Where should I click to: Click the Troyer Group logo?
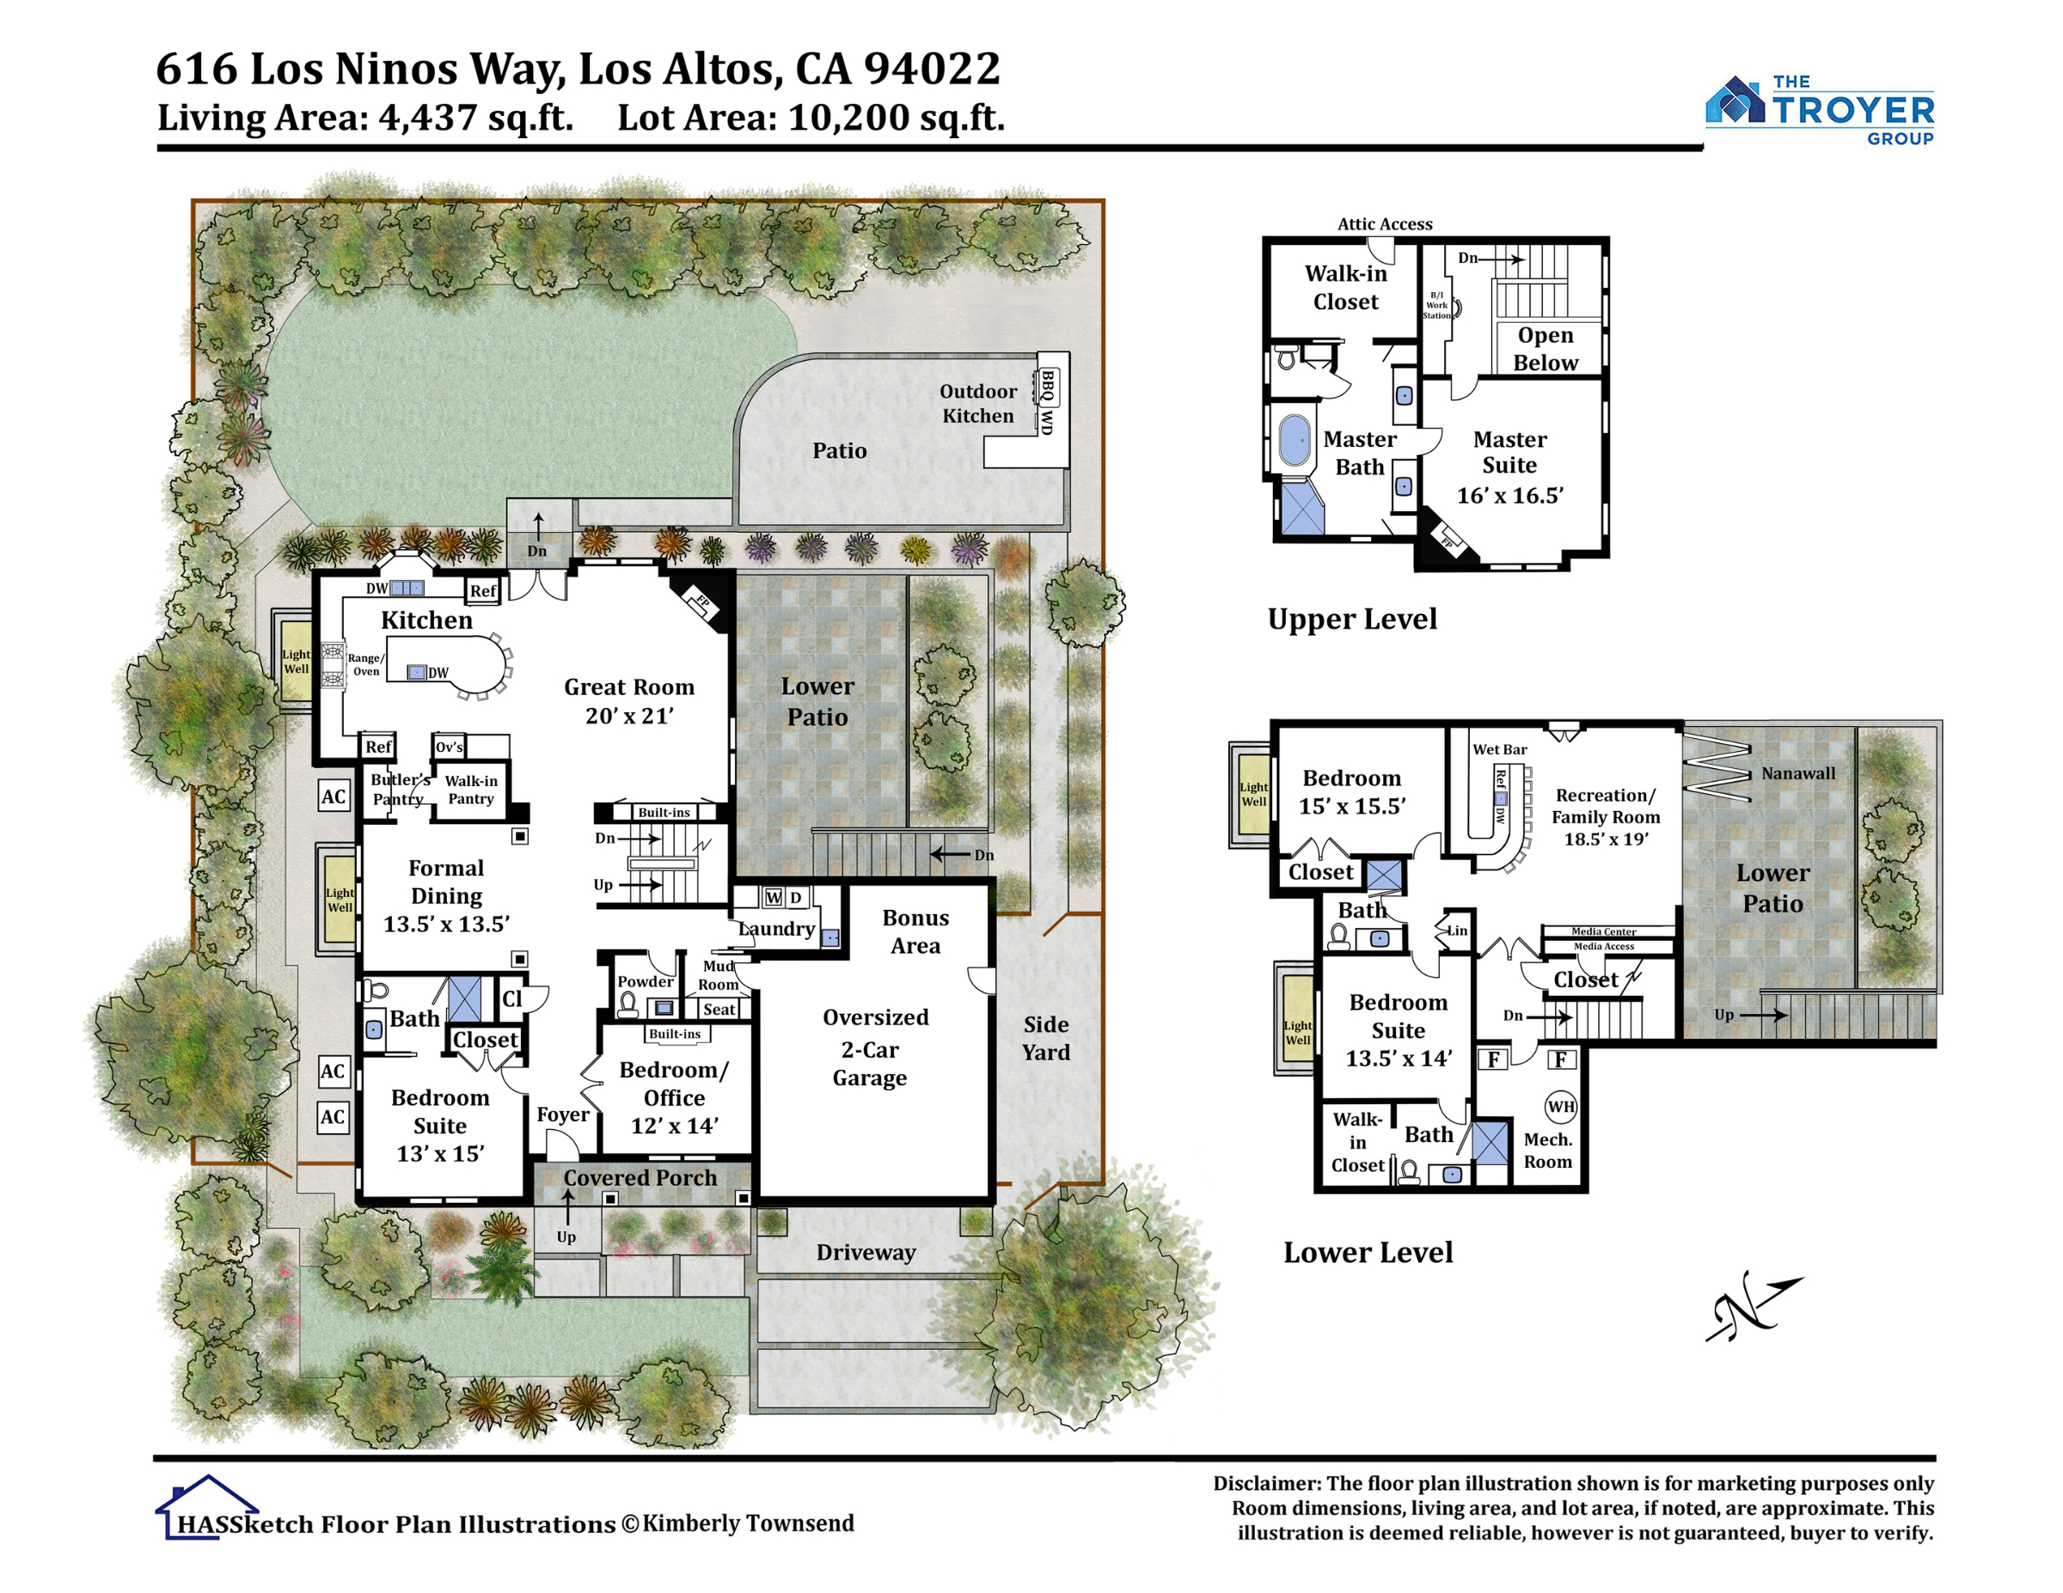(1819, 111)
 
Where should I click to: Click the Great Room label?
(629, 700)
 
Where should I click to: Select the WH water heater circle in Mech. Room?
(1560, 1107)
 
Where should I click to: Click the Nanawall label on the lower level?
(1797, 773)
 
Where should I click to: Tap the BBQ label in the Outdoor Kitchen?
(1048, 384)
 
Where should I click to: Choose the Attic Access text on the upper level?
(1384, 223)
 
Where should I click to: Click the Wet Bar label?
(1499, 750)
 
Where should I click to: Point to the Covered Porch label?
(640, 1177)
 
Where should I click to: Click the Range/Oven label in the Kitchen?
(365, 665)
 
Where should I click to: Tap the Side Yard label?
(1045, 1038)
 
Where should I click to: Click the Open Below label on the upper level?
(1546, 349)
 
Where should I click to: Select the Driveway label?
(866, 1252)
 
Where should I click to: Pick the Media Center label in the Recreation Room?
(1604, 932)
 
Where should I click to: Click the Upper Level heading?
(1352, 619)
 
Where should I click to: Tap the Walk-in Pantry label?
(470, 790)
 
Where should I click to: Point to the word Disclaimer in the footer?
(1266, 1484)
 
